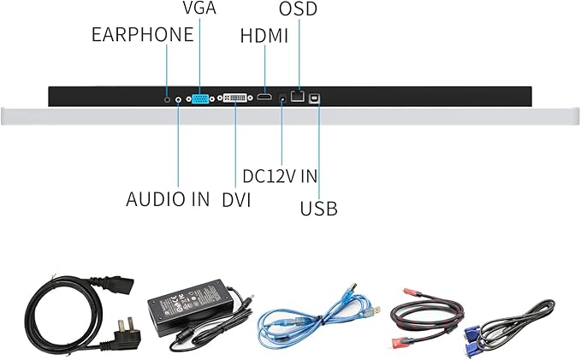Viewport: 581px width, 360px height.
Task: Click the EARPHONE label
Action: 142,36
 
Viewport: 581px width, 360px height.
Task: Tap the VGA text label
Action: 199,9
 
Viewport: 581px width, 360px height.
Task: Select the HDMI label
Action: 264,37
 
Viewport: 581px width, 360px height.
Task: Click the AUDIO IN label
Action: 168,199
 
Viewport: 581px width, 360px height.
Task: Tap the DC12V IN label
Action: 280,176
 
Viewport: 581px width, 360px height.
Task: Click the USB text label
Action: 318,208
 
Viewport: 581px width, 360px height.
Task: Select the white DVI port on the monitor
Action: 235,98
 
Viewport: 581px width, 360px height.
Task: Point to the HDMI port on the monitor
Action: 265,98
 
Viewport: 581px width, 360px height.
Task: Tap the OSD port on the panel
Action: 298,97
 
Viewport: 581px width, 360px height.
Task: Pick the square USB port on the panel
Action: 318,98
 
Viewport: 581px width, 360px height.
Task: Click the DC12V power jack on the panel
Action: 282,98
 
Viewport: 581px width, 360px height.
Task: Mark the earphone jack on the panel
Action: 168,98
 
